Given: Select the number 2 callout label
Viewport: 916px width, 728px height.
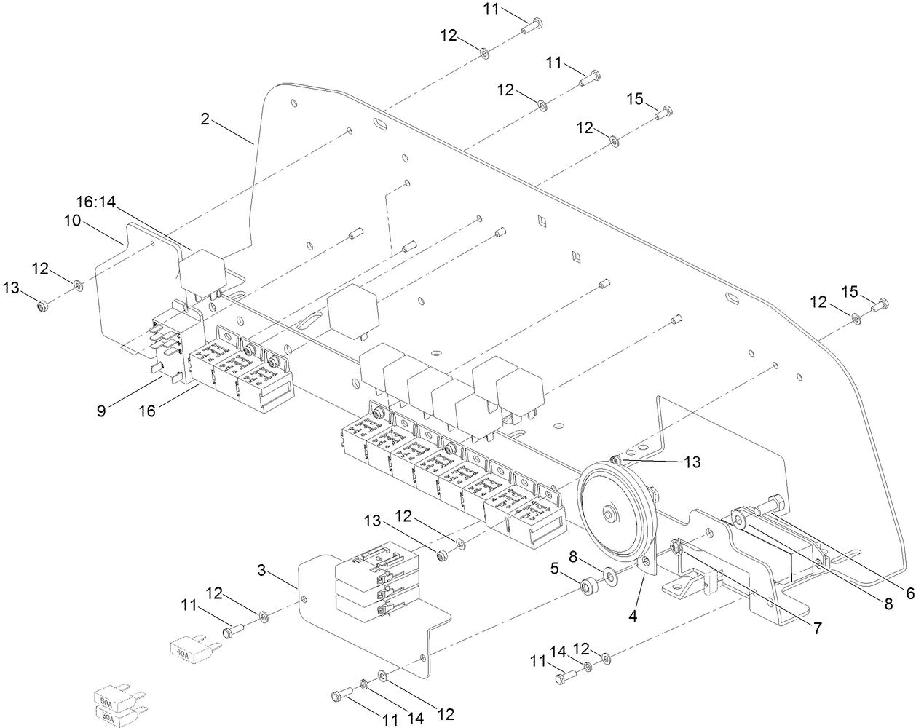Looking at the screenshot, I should tap(205, 119).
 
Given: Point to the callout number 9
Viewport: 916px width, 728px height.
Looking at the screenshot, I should tap(101, 411).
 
